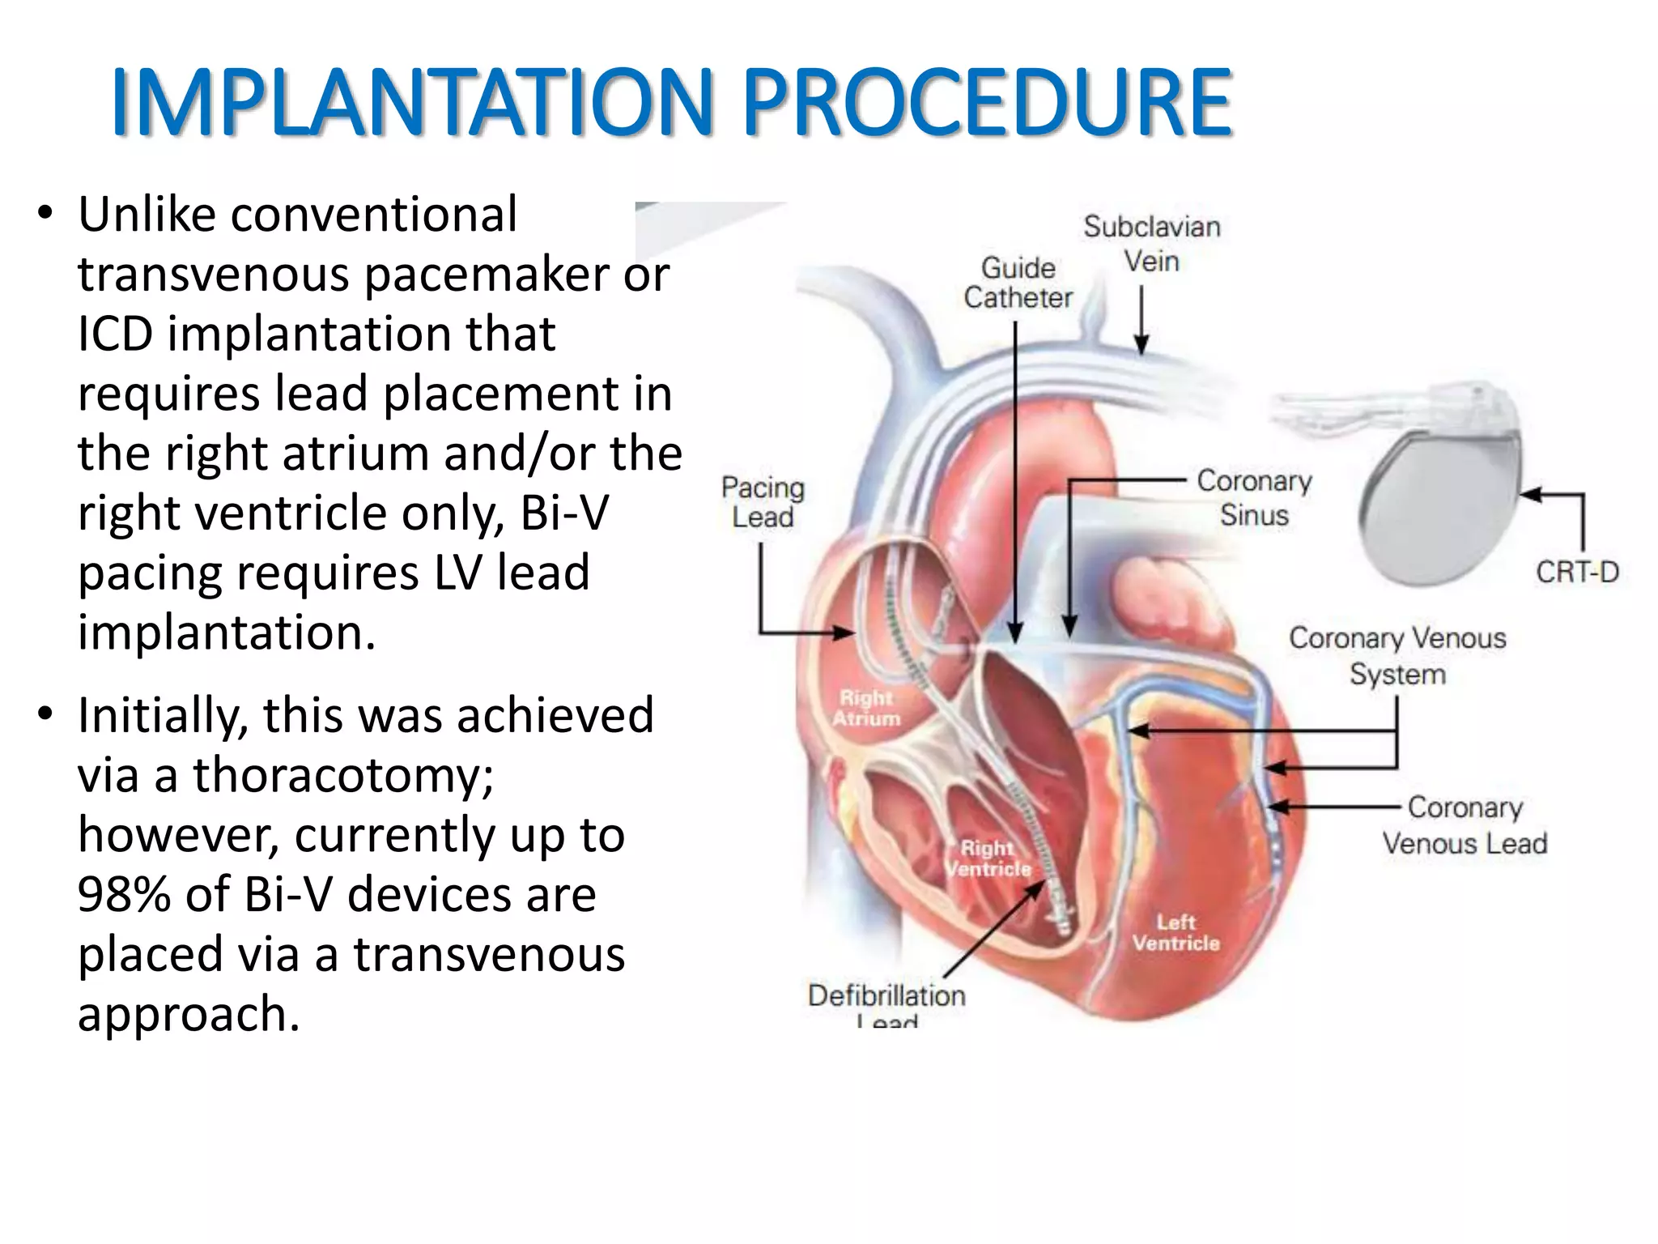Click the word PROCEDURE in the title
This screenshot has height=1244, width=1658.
point(987,103)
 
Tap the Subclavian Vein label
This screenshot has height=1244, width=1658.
point(1151,244)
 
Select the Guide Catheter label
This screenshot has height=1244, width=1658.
point(1018,283)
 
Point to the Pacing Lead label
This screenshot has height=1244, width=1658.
point(763,502)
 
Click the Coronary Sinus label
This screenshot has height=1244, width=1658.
point(1254,497)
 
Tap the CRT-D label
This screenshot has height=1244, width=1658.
point(1577,573)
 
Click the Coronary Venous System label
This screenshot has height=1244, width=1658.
point(1397,655)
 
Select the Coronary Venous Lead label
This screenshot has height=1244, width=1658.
point(1465,825)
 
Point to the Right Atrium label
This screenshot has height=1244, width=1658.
point(866,708)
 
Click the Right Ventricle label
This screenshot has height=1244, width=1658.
point(988,858)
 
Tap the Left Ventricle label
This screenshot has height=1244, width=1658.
point(1175,932)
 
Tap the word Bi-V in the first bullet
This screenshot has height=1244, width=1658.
point(563,513)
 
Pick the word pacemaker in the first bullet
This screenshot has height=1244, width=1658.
point(485,275)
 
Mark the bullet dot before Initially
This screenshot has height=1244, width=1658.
point(45,714)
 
